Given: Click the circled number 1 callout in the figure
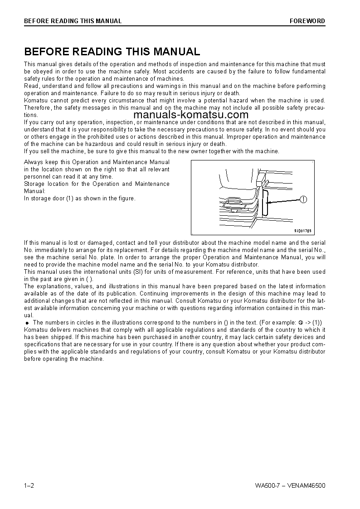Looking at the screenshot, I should (303, 199).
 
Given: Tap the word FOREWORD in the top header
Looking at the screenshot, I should (307, 21).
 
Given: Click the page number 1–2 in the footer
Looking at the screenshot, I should (29, 486).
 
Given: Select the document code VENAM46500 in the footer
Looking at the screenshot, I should (306, 486).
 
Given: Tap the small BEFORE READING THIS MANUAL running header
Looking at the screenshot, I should (73, 21).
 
